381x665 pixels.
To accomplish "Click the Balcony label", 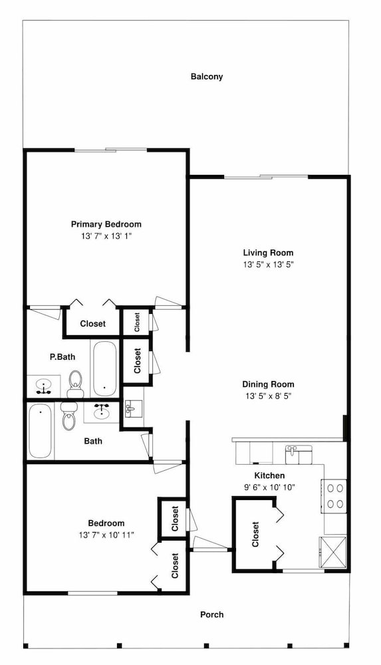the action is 207,76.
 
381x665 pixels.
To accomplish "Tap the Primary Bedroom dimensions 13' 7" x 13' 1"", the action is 106,236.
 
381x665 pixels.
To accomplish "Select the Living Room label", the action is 268,253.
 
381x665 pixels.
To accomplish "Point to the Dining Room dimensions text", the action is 268,396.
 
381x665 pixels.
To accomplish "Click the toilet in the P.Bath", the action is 75,384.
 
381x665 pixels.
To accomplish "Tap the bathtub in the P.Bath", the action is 104,368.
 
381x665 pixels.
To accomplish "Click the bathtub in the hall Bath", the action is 41,431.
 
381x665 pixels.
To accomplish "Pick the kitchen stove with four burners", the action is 334,496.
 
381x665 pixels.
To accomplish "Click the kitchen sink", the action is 299,455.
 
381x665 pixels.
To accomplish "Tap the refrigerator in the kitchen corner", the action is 332,553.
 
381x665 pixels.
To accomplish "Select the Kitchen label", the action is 269,476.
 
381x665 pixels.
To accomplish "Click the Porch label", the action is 211,614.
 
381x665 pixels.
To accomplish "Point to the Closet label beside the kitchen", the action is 255,535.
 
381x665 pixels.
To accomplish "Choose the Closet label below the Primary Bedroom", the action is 93,324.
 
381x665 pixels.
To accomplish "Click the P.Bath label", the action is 63,357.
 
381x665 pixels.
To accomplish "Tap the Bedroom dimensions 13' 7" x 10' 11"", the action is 106,535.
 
